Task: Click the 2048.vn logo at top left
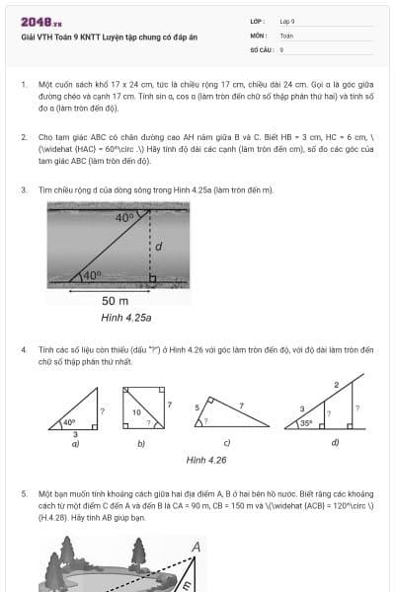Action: [x=41, y=22]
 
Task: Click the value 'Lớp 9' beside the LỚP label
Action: [x=287, y=21]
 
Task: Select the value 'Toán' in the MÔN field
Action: [x=286, y=35]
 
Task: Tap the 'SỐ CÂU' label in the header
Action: [x=260, y=48]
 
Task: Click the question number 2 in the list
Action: [x=23, y=140]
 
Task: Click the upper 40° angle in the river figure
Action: [x=124, y=217]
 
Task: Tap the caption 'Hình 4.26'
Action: [x=206, y=460]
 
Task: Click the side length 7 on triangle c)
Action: [x=239, y=406]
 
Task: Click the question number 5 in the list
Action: [x=23, y=491]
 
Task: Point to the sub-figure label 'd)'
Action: [x=335, y=442]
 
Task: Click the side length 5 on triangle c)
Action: [x=197, y=407]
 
